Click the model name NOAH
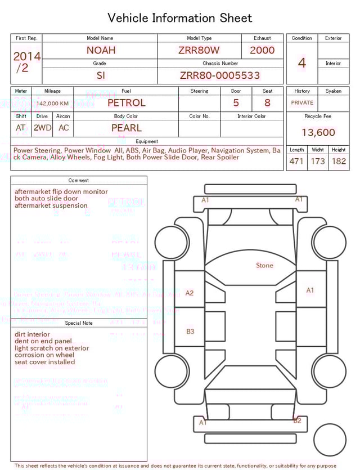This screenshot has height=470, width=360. pyautogui.click(x=101, y=50)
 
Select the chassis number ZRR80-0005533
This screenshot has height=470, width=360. pyautogui.click(x=220, y=75)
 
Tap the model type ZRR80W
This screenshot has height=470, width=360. pyautogui.click(x=199, y=50)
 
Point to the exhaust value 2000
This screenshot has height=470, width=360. pyautogui.click(x=262, y=50)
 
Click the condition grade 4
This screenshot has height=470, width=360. pyautogui.click(x=302, y=63)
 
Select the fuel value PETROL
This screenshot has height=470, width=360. pyautogui.click(x=126, y=103)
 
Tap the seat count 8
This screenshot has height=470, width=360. pyautogui.click(x=267, y=103)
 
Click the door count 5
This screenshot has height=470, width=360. pyautogui.click(x=236, y=103)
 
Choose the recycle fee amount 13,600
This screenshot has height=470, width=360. pyautogui.click(x=318, y=133)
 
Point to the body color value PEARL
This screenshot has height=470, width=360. pyautogui.click(x=126, y=128)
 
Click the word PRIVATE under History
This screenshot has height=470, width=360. pyautogui.click(x=302, y=103)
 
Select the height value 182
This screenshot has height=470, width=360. pyautogui.click(x=339, y=162)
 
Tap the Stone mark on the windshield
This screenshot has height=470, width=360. pyautogui.click(x=264, y=266)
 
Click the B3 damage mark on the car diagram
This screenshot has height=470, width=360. pyautogui.click(x=190, y=332)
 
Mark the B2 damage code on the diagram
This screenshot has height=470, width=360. pyautogui.click(x=297, y=420)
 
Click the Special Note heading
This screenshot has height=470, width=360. pyautogui.click(x=79, y=323)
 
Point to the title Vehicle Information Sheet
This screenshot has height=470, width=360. pyautogui.click(x=180, y=18)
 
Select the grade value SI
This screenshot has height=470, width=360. pyautogui.click(x=101, y=75)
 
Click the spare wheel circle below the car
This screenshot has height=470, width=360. pyautogui.click(x=330, y=440)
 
